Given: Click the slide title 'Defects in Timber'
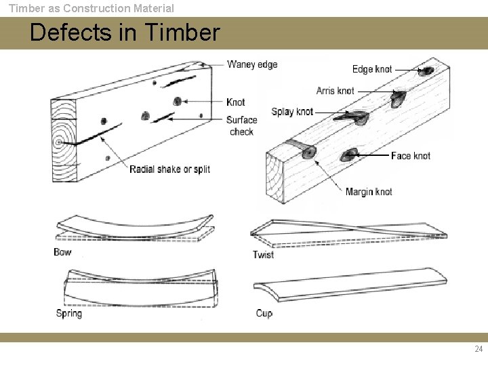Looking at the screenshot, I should [x=125, y=33].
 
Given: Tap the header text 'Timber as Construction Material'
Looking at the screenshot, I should [x=91, y=8].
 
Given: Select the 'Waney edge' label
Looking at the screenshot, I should [x=252, y=64].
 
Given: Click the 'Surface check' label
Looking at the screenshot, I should [x=241, y=125].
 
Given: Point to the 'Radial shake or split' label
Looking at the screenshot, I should [x=169, y=169].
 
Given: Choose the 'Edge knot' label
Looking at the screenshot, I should [x=371, y=69].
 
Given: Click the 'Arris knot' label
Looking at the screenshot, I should [x=335, y=91].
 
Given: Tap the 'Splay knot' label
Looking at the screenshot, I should [x=292, y=112].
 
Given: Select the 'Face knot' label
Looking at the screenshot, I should [x=410, y=156].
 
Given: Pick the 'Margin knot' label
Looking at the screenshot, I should [x=368, y=192].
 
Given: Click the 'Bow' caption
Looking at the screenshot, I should [x=62, y=252].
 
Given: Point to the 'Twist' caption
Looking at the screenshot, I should [x=263, y=255].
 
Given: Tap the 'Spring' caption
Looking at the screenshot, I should [x=68, y=313].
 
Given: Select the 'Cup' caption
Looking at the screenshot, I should [x=264, y=313].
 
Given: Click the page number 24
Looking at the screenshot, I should [x=479, y=349].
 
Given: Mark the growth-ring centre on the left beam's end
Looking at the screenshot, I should [x=60, y=142].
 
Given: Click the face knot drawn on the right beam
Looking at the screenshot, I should [x=350, y=154].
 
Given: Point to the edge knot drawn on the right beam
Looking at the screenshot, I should [x=427, y=70].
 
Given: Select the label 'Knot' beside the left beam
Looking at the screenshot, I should [x=235, y=102].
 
